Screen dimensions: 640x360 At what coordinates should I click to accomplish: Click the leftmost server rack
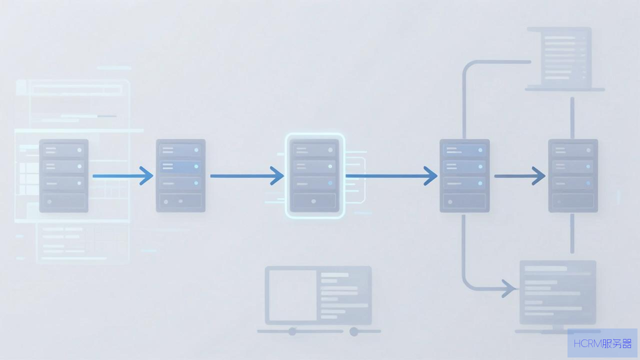coord(63,175)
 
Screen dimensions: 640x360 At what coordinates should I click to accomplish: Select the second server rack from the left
coord(180,175)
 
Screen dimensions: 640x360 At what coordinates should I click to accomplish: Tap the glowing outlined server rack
coord(314,175)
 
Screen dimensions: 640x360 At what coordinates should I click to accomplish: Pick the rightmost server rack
coord(573,175)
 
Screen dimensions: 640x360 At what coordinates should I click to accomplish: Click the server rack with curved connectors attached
coord(464,175)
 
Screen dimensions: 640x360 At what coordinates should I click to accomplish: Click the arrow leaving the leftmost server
coord(123,176)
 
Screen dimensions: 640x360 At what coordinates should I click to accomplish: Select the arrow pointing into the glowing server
coord(247,176)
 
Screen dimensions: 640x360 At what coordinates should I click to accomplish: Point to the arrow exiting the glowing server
coord(391,176)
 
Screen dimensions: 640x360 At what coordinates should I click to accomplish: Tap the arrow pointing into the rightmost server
coord(519,176)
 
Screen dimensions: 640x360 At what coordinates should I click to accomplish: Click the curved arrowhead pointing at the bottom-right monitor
coord(509,289)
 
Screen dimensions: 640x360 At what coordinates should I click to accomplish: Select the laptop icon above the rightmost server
coord(565,59)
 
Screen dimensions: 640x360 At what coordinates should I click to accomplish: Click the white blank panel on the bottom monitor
coord(292,295)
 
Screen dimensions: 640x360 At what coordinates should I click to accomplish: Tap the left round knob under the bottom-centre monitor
coord(292,331)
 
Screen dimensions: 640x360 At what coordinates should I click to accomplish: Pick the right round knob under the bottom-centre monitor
coord(354,331)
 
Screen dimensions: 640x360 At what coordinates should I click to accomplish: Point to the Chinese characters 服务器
coord(617,343)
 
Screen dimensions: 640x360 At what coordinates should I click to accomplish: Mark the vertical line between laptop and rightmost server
coord(572,118)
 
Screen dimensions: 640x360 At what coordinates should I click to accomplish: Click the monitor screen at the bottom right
coord(557,292)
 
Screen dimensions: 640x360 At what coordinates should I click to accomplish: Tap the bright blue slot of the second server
coord(180,166)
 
